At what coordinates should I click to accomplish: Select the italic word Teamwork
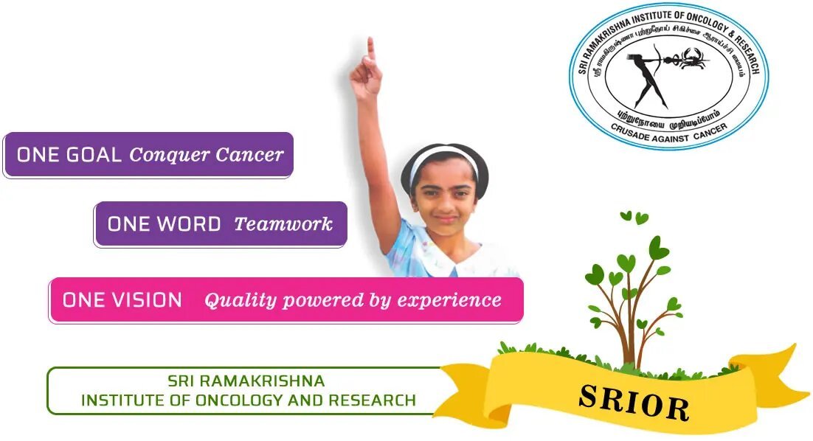pyautogui.click(x=283, y=224)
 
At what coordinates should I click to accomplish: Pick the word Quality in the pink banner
pyautogui.click(x=241, y=301)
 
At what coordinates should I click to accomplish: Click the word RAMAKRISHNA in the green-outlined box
pyautogui.click(x=262, y=381)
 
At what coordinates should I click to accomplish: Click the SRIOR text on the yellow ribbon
pyautogui.click(x=634, y=402)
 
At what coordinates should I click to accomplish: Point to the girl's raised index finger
pyautogui.click(x=370, y=49)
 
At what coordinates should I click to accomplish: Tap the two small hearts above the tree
pyautogui.click(x=634, y=217)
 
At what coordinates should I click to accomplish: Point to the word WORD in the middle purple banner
pyautogui.click(x=190, y=224)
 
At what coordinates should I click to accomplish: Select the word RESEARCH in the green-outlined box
pyautogui.click(x=373, y=400)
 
